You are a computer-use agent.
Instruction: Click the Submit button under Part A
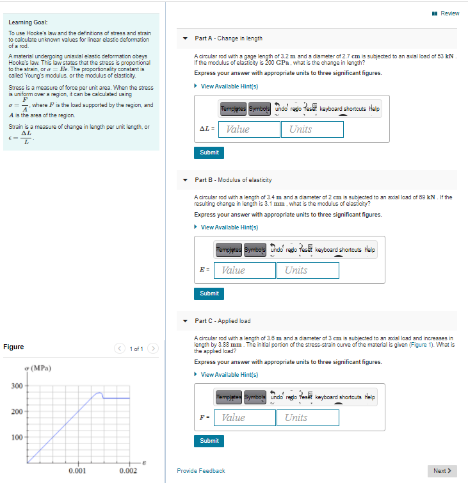coord(209,153)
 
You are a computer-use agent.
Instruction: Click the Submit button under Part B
coord(209,293)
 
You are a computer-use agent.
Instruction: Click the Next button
coord(442,471)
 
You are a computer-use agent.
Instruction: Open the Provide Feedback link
coord(201,471)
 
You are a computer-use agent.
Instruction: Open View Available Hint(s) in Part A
coord(229,87)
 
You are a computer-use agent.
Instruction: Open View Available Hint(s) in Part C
coord(229,375)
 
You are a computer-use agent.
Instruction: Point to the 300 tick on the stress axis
coord(17,385)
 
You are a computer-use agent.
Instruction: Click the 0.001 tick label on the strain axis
coord(77,471)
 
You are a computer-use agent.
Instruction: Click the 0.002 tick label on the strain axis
coord(128,471)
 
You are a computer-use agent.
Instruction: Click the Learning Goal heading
coord(24,22)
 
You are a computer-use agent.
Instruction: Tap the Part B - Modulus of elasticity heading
coord(233,180)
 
